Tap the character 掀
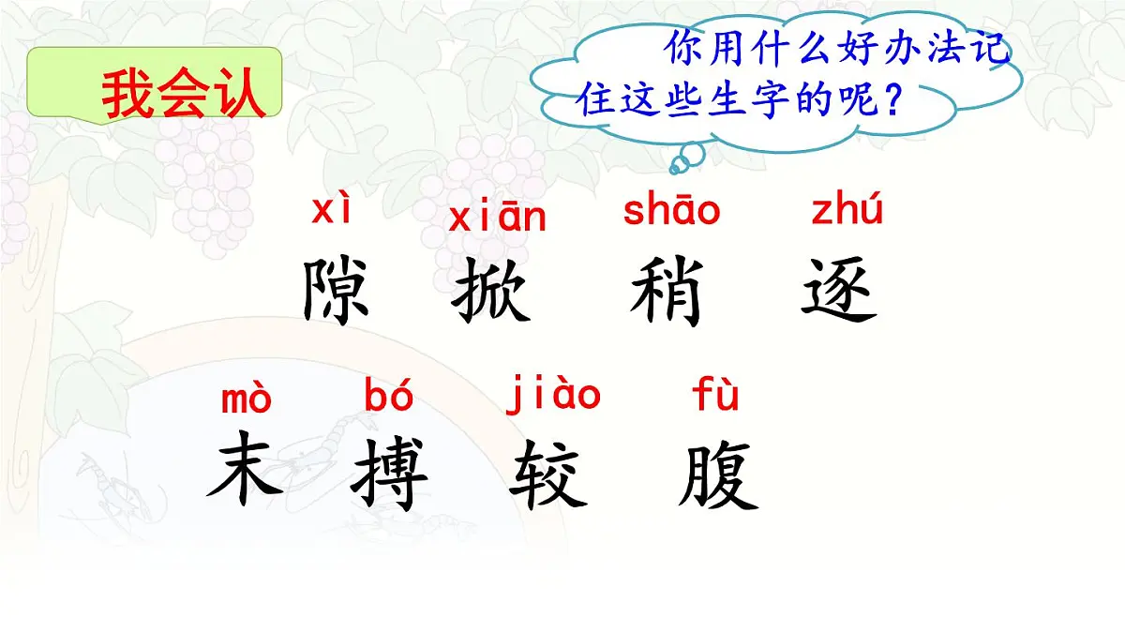(491, 292)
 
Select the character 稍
(667, 292)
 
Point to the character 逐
(839, 292)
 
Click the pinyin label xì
(333, 211)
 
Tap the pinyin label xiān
(497, 218)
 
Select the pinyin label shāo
(671, 211)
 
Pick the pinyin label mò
(247, 399)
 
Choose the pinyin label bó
(389, 397)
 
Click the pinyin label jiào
(553, 395)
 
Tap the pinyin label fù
(716, 396)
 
